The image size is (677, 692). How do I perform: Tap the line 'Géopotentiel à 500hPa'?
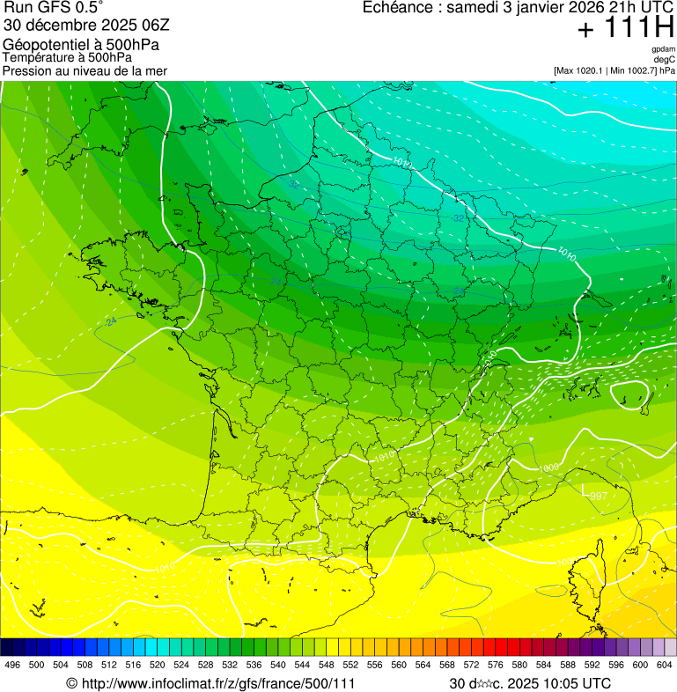(x=81, y=44)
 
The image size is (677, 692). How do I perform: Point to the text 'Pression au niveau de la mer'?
(x=85, y=70)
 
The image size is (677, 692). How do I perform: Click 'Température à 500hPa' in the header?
(x=68, y=57)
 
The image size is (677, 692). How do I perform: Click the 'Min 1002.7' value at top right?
(x=633, y=70)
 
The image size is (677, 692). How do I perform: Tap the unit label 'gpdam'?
(x=663, y=49)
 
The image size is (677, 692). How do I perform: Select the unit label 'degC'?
(x=664, y=59)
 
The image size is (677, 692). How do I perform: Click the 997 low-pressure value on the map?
(x=598, y=497)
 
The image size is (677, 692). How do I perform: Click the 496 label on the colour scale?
(x=12, y=665)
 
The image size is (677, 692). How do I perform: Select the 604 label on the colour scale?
(x=664, y=665)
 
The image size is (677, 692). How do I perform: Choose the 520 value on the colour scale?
(x=158, y=665)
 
